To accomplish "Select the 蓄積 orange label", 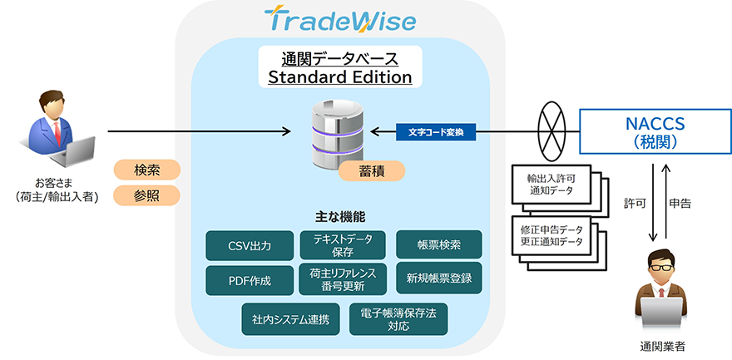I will pos(371,170).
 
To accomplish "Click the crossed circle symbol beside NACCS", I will pos(550,131).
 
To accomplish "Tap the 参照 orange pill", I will pos(147,196).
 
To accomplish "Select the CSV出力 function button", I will pos(250,244).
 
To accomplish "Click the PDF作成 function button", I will pos(250,278).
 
